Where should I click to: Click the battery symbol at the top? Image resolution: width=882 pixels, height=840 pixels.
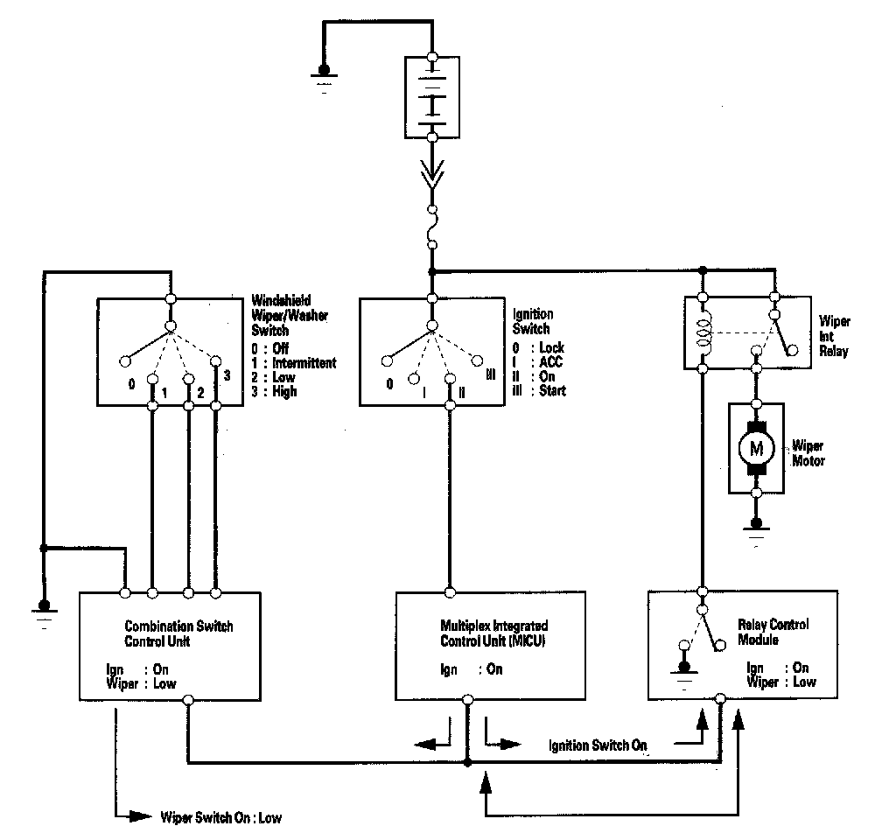pos(432,95)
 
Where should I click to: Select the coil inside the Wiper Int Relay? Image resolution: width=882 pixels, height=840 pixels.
pos(703,332)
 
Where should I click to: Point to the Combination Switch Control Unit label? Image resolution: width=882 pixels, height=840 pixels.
pos(179,633)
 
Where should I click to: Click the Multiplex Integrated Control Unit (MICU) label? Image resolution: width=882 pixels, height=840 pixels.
pos(494,633)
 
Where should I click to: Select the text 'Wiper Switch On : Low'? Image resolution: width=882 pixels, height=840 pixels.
pos(221,819)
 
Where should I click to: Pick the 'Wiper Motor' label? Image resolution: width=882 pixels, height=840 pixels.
pos(808,451)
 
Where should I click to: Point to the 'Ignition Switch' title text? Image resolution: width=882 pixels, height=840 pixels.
pos(532,321)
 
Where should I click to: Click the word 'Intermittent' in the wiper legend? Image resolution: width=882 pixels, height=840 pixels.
pos(304,362)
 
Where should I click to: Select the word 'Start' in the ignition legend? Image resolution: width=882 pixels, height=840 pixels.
pos(552,390)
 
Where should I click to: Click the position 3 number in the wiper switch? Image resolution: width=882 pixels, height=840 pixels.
pos(227,375)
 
